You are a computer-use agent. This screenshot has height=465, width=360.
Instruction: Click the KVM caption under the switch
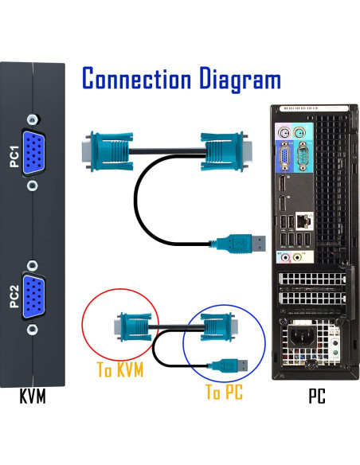(32, 396)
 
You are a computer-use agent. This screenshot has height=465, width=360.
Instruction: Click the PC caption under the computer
(316, 396)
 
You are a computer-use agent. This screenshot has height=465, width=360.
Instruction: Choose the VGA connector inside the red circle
(131, 326)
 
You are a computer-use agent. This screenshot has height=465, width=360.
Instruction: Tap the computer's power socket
(303, 337)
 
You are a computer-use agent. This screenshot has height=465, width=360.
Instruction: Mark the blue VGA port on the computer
(282, 158)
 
